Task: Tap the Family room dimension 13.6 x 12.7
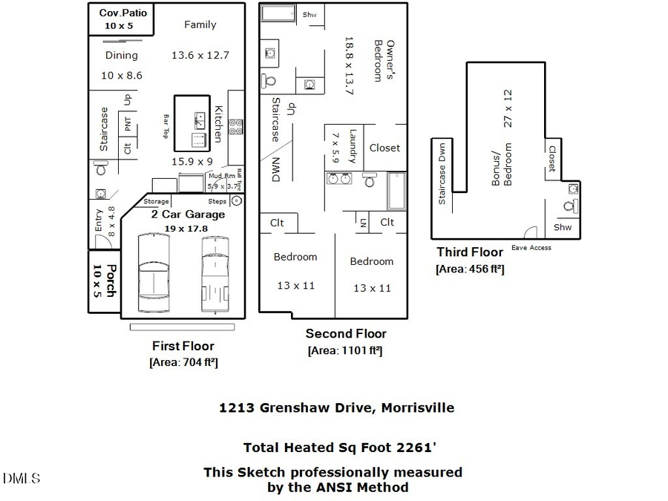tap(200, 55)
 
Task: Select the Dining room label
tap(121, 55)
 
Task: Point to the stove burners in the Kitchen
tap(236, 127)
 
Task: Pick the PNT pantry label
tap(128, 123)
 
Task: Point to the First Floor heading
tap(183, 346)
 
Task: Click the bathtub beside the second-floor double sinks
tap(396, 191)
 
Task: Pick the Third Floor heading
tap(469, 252)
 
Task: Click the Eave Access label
tap(531, 248)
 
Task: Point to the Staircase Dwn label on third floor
tap(442, 174)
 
